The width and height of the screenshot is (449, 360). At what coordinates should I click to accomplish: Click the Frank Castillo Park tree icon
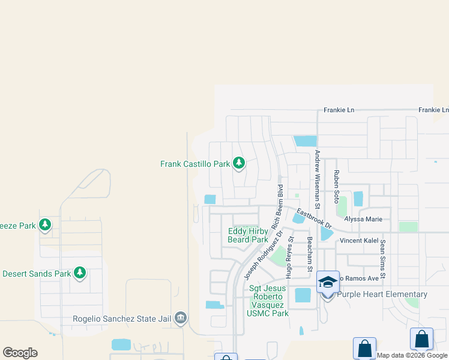[x=239, y=163]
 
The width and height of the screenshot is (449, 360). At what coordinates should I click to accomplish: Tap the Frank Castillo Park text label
[x=195, y=163]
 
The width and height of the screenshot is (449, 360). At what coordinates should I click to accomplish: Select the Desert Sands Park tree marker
[x=80, y=274]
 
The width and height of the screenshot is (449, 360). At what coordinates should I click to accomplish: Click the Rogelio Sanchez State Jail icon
[x=181, y=319]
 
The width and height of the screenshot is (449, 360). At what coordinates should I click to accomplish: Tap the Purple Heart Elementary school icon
[x=328, y=282]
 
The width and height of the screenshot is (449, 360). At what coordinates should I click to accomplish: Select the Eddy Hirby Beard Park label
[x=248, y=235]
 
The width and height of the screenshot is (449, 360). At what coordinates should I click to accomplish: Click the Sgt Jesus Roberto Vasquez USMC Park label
[x=269, y=301]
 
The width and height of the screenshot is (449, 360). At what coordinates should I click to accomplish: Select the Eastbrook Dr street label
[x=314, y=217]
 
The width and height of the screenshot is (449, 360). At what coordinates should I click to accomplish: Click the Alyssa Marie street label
[x=363, y=219]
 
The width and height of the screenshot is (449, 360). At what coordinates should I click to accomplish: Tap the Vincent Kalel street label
[x=359, y=240]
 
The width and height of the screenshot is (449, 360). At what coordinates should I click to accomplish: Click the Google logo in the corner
[x=20, y=353]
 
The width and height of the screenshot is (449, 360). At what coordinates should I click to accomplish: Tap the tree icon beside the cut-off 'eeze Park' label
[x=44, y=225]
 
